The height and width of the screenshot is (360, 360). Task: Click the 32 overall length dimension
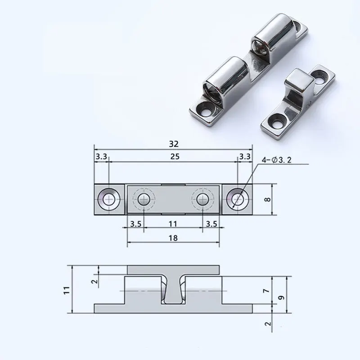(174, 144)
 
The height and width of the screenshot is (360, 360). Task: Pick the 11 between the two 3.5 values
(173, 223)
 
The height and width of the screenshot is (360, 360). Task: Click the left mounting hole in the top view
(108, 199)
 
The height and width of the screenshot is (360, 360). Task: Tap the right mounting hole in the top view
(237, 199)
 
